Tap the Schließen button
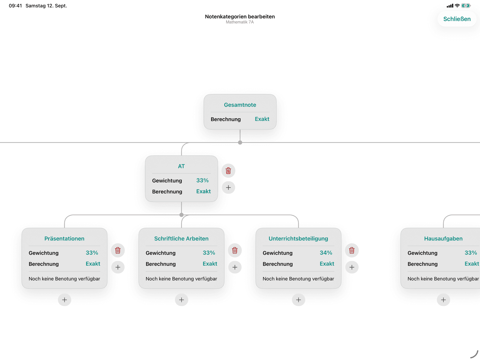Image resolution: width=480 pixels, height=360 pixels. click(457, 19)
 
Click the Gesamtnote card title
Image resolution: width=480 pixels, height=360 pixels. click(240, 105)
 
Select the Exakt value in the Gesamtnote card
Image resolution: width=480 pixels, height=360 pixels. click(262, 119)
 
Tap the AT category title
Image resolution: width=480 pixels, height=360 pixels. click(181, 166)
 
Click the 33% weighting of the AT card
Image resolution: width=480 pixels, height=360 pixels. click(202, 181)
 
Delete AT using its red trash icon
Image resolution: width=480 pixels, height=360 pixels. click(228, 171)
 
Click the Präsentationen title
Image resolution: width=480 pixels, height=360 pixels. click(64, 239)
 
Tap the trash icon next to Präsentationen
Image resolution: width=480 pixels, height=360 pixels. click(118, 250)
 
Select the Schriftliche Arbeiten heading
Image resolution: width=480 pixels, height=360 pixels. click(181, 239)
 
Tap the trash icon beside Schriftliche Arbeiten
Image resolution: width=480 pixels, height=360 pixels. click(235, 250)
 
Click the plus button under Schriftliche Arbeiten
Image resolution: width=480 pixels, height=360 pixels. click(181, 300)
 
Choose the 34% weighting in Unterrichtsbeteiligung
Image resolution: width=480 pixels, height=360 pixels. click(326, 253)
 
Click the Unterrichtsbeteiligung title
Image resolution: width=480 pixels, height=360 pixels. click(298, 239)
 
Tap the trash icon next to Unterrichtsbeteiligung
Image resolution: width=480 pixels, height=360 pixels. click(352, 250)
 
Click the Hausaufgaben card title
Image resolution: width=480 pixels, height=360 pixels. click(443, 239)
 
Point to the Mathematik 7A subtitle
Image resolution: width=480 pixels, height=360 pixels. click(240, 22)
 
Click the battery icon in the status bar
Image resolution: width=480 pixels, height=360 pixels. click(466, 6)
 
